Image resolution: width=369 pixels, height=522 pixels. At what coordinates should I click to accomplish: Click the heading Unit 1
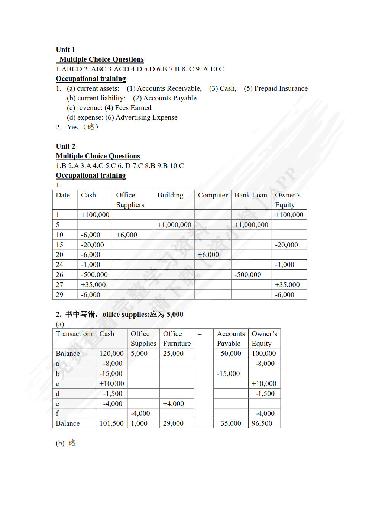tap(65, 49)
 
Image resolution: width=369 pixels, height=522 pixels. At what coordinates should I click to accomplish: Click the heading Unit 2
tap(65, 146)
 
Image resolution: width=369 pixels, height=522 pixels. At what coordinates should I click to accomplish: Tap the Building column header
tap(170, 195)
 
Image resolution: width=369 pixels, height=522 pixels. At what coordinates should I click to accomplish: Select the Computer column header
tap(213, 195)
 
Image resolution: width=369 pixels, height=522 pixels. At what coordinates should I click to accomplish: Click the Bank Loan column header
tap(251, 195)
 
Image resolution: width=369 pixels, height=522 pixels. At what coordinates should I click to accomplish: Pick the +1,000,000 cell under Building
tap(174, 225)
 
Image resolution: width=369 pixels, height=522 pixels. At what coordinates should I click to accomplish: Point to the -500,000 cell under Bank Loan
tap(247, 275)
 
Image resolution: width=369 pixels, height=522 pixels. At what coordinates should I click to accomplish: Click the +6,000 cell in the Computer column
tap(208, 255)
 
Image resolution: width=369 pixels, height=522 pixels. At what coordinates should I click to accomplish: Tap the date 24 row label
tap(59, 265)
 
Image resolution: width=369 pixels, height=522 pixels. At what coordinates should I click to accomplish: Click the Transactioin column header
tap(74, 334)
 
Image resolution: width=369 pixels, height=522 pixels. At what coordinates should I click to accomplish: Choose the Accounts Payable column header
tap(231, 338)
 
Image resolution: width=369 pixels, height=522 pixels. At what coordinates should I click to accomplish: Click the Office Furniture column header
tap(177, 338)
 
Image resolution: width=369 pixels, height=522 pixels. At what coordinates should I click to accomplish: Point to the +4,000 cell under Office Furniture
tap(174, 404)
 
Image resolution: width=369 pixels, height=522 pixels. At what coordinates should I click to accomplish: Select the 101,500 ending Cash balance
tap(111, 423)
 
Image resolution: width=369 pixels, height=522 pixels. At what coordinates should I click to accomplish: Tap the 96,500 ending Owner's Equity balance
tap(262, 423)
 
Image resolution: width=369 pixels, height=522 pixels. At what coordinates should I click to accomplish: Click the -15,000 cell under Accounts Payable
tap(228, 374)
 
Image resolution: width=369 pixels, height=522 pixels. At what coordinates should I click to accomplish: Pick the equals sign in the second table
tap(200, 334)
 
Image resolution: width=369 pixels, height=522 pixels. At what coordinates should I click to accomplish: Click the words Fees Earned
tap(133, 108)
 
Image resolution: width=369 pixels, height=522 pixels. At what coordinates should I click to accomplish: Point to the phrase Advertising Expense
tap(146, 117)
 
